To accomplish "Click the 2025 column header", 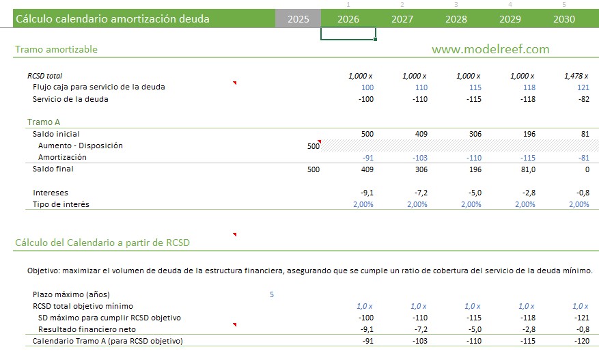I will pos(298,19).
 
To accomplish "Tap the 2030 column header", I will pos(563,19).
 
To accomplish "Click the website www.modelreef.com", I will pos(490,49).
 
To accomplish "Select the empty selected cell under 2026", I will pos(348,34).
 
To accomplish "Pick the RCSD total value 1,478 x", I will pos(576,76).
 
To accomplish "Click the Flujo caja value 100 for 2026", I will pos(367,87).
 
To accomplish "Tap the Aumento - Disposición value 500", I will pos(314,146).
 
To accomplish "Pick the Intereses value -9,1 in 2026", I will pos(365,193).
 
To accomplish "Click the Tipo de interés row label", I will pos(61,204).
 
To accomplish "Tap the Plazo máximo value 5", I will pos(272,294).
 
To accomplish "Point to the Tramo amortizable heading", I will pos(56,49).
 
